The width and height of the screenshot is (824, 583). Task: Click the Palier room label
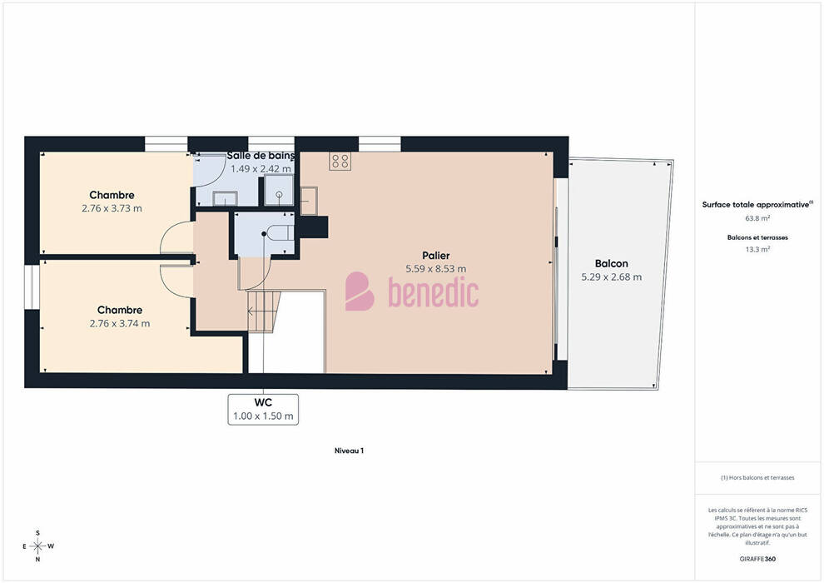435,256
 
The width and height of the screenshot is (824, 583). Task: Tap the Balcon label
611,263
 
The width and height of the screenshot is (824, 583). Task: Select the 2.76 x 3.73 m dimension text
112,208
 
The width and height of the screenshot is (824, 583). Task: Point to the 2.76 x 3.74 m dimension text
119,323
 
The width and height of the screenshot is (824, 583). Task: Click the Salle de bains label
261,156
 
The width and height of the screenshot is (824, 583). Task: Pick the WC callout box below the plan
263,409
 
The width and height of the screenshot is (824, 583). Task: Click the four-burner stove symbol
340,161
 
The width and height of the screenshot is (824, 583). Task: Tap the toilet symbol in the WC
280,233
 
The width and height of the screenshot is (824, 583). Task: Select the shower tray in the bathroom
279,190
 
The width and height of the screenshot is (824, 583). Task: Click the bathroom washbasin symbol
225,198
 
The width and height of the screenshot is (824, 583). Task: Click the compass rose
37,546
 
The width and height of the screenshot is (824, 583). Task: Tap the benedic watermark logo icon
360,291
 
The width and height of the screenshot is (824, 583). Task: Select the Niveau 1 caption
349,451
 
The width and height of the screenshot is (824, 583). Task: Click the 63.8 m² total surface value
757,218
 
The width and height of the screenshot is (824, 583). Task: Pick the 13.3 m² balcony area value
757,249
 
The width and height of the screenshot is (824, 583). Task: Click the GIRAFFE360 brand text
757,559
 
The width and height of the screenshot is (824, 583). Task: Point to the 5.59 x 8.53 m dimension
435,269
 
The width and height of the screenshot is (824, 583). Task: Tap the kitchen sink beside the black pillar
309,200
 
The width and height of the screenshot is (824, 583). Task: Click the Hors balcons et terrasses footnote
757,478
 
